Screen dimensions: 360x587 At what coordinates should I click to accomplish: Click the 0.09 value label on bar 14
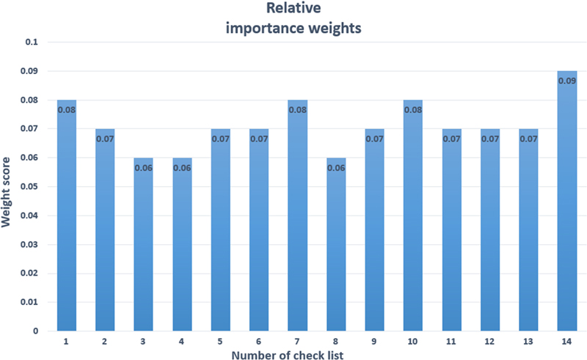[x=566, y=81]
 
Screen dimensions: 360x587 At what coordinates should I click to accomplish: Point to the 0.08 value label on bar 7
[x=297, y=110]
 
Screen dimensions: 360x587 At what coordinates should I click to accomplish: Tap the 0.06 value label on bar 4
[x=182, y=168]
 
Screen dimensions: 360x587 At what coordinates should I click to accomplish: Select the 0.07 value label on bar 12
[x=489, y=139]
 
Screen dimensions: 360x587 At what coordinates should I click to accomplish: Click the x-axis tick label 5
[x=221, y=342]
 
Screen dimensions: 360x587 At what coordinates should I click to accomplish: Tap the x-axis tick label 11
[x=451, y=342]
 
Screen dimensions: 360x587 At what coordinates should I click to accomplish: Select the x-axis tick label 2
[x=106, y=342]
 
